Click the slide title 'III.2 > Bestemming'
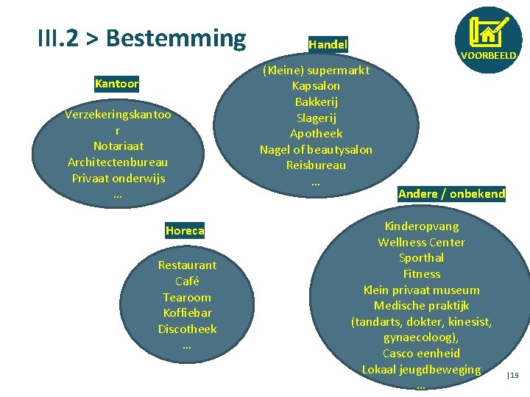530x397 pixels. point(141,38)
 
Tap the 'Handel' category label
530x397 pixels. point(328,45)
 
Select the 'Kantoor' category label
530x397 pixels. point(116,84)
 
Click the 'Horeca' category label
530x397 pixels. point(185,231)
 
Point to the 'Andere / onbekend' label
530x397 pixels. point(451,194)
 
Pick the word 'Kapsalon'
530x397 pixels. point(316,86)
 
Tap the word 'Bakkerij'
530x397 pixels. point(316,101)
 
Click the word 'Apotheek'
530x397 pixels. point(316,134)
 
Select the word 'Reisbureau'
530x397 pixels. point(316,165)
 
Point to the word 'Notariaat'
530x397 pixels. point(118,146)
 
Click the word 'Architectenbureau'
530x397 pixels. point(118,162)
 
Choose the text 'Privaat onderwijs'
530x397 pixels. point(118,178)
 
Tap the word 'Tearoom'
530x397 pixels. point(187,297)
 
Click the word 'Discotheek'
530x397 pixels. point(187,329)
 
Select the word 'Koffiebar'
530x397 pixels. point(187,313)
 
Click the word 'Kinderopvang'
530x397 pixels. point(421,226)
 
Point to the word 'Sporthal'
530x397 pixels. point(421,258)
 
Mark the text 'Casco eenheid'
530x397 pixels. point(421,354)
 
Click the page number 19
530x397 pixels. point(514,376)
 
